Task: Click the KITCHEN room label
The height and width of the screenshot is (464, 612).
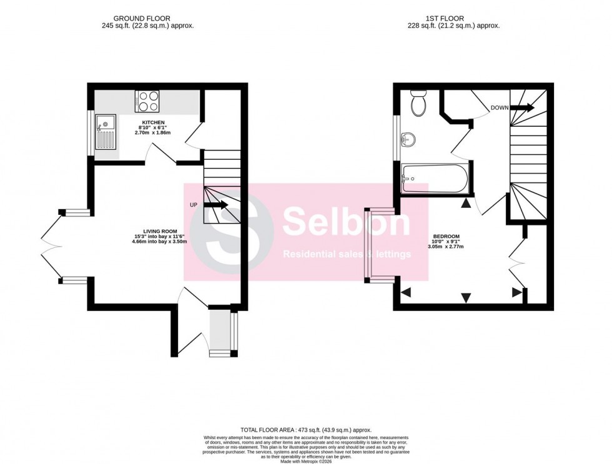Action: pos(153,122)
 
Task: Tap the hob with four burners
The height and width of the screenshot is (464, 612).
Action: pos(147,101)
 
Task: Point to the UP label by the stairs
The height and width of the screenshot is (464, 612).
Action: pos(194,204)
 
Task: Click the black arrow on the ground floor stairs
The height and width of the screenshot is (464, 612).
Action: pos(216,204)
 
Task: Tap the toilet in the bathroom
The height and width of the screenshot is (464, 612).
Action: pos(418,103)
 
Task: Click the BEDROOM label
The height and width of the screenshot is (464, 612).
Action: pos(447,237)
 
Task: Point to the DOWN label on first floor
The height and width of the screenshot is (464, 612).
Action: pos(499,107)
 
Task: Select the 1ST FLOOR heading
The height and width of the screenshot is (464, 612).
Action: pos(454,19)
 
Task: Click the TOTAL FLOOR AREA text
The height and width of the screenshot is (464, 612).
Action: pos(306,430)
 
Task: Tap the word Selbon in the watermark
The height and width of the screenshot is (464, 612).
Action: pos(347,223)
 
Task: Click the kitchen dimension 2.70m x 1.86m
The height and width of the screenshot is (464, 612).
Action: pos(153,133)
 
